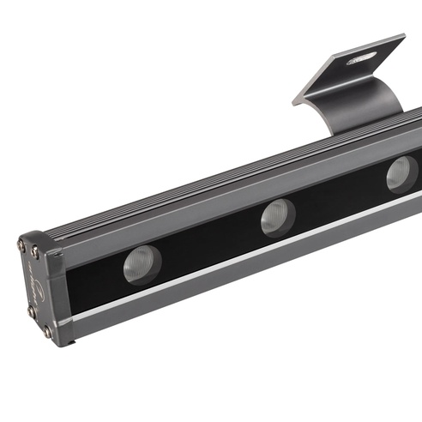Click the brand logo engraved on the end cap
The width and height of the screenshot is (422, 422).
click(x=34, y=282)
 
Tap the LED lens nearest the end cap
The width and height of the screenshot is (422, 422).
click(x=142, y=262)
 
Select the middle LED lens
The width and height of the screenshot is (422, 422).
click(x=278, y=217)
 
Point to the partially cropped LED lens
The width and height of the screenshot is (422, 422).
click(x=401, y=174)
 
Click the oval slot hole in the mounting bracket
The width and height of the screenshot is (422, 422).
click(x=360, y=58)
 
